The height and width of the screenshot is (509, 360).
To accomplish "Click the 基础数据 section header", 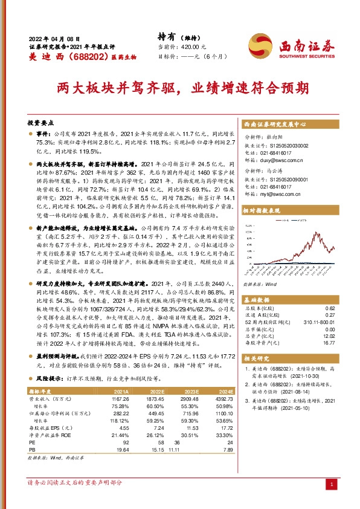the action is point(259,300).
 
